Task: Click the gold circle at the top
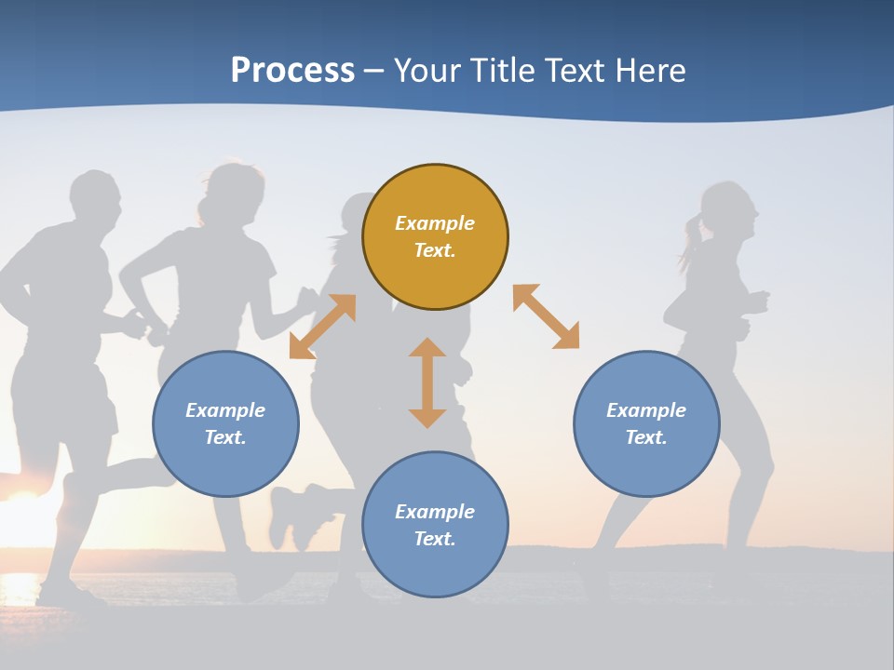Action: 435,237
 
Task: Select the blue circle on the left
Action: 225,423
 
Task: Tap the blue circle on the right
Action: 646,423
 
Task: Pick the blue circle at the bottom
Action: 435,525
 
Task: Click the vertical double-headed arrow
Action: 427,382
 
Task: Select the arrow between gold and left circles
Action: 322,327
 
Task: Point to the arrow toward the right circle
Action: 546,316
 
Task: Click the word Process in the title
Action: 292,70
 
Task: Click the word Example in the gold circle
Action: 435,223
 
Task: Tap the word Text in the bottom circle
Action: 433,539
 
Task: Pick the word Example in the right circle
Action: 646,410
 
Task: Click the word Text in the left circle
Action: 223,437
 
